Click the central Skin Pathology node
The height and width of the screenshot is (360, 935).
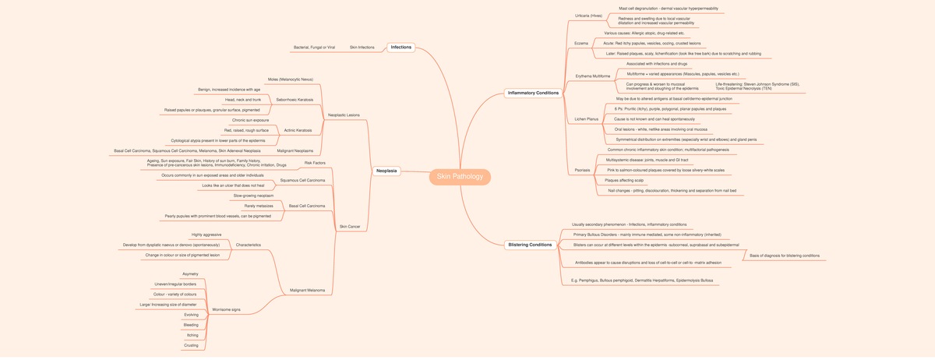pyautogui.click(x=460, y=177)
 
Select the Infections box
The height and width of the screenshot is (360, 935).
pyautogui.click(x=400, y=48)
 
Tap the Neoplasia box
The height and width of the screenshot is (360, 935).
pyautogui.click(x=386, y=171)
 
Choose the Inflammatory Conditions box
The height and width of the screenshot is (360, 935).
pyautogui.click(x=533, y=93)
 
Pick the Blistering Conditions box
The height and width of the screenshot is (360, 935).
pyautogui.click(x=530, y=245)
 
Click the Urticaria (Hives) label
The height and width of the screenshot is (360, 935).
pyautogui.click(x=588, y=16)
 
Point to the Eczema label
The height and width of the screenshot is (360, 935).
pyautogui.click(x=581, y=43)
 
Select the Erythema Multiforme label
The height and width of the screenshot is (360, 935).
pyautogui.click(x=593, y=76)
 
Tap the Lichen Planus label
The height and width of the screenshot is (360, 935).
pyautogui.click(x=586, y=119)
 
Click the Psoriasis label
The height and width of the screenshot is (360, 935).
pyautogui.click(x=582, y=170)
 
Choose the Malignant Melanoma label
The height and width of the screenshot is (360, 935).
pyautogui.click(x=307, y=290)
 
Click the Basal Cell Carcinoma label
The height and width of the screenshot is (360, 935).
pyautogui.click(x=307, y=206)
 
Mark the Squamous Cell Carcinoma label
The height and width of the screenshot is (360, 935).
pyautogui.click(x=303, y=180)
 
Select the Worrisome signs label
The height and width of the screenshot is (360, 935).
pyautogui.click(x=226, y=309)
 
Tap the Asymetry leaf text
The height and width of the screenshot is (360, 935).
pyautogui.click(x=190, y=274)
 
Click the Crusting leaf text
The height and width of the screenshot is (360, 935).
pyautogui.click(x=191, y=344)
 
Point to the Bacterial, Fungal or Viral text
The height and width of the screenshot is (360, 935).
pyautogui.click(x=314, y=48)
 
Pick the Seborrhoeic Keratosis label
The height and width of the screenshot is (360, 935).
pyautogui.click(x=295, y=100)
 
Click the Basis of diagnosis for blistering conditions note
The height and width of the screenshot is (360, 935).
pyautogui.click(x=784, y=256)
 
